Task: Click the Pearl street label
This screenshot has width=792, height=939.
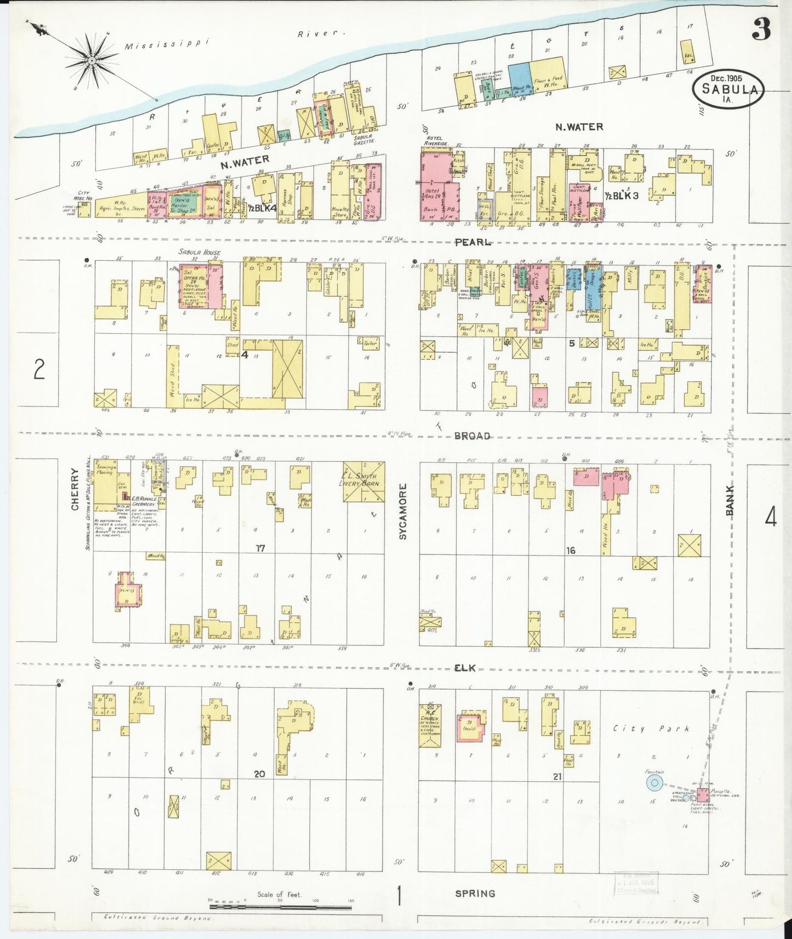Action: click(472, 242)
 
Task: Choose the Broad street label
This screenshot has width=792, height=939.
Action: click(472, 436)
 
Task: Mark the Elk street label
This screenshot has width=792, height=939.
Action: click(464, 668)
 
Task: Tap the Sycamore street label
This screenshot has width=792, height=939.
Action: click(403, 512)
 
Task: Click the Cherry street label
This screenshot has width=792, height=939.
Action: click(75, 496)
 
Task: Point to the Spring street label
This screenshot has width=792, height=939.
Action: click(475, 894)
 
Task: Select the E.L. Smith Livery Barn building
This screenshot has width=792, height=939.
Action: click(364, 482)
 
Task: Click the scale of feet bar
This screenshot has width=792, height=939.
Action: click(280, 907)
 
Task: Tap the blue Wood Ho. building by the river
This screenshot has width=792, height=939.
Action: click(519, 81)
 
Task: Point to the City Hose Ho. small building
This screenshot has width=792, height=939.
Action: click(84, 210)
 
